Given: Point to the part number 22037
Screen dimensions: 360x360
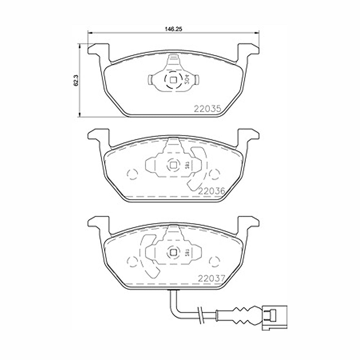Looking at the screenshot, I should [x=211, y=278].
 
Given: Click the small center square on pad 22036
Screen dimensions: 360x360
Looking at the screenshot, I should [x=173, y=166].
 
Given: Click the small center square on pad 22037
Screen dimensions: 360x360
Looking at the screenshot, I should [x=173, y=252].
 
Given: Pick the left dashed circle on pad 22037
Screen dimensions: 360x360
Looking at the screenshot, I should [x=133, y=260].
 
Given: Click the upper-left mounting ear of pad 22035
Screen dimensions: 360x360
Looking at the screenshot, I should [x=98, y=50].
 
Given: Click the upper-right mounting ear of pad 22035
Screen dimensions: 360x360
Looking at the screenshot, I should [x=248, y=50].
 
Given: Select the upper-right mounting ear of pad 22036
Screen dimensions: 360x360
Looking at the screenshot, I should [x=248, y=136].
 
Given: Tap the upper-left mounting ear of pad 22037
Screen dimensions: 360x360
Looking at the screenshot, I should [x=98, y=223].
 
